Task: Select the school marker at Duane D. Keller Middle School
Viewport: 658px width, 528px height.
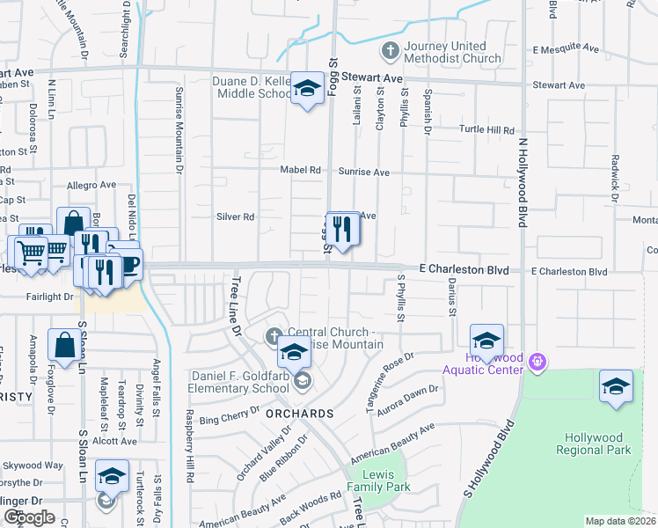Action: pyautogui.click(x=307, y=89)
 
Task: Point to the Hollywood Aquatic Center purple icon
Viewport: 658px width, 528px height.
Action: pyautogui.click(x=539, y=361)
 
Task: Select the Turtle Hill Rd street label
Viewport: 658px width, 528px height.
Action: pyautogui.click(x=486, y=129)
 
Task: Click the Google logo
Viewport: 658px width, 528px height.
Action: pyautogui.click(x=29, y=517)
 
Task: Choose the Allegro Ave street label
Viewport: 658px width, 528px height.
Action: pyautogui.click(x=91, y=186)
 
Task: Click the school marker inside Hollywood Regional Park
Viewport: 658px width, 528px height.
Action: pyautogui.click(x=616, y=386)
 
